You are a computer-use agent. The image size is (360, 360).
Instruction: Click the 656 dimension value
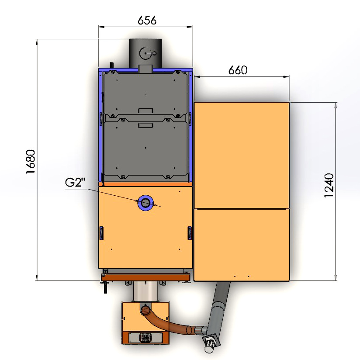[x=147, y=20]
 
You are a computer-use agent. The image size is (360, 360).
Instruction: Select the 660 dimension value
[x=238, y=70]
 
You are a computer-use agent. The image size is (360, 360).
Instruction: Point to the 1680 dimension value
[x=31, y=162]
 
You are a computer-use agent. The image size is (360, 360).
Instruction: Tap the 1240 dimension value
[x=329, y=185]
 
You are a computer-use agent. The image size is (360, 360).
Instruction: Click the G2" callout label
[x=75, y=182]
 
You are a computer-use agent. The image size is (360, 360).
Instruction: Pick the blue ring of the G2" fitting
[x=145, y=197]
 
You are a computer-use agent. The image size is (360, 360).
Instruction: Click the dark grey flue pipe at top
[x=145, y=53]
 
